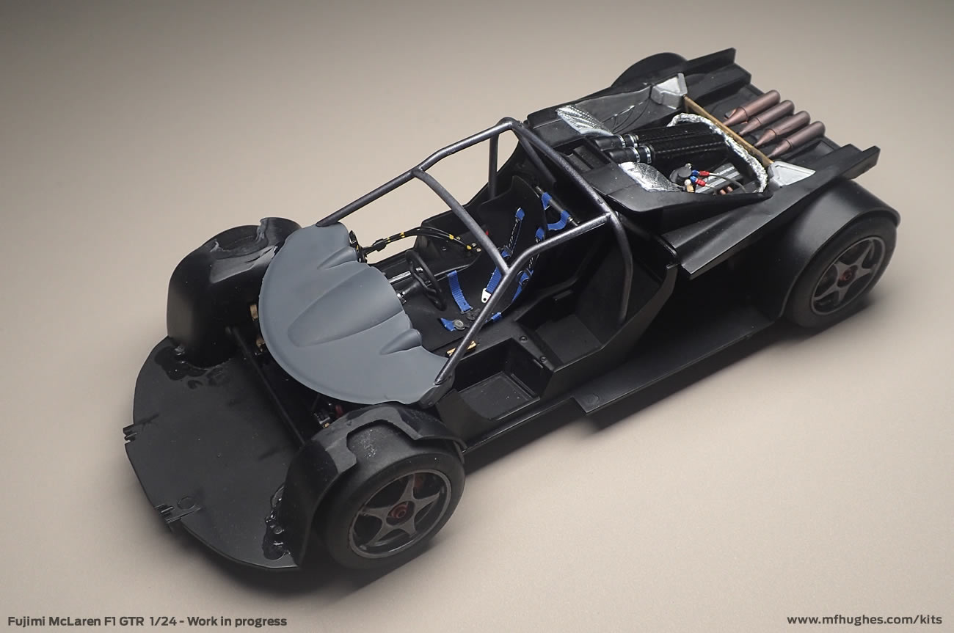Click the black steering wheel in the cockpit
click(423, 277)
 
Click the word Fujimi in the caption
click(27, 621)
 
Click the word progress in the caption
click(261, 622)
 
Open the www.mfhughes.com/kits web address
click(864, 621)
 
